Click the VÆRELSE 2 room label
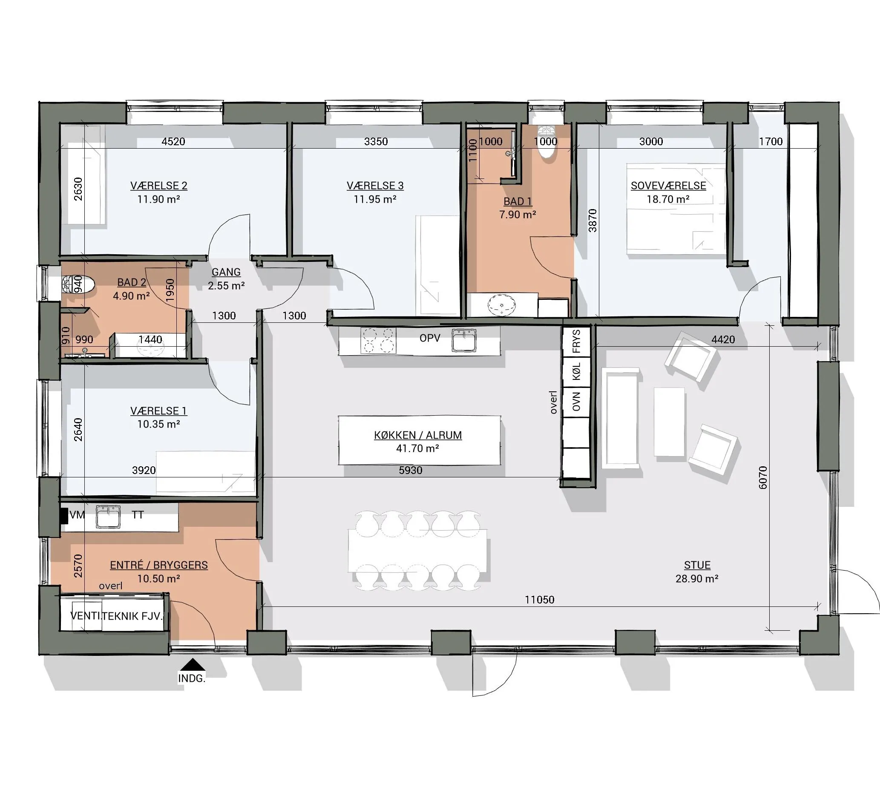(159, 186)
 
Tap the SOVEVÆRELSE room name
(668, 186)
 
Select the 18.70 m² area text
(668, 199)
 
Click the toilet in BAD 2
(78, 284)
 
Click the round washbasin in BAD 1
(502, 306)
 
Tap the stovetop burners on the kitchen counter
(378, 340)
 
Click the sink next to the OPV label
(464, 340)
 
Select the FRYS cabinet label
(576, 341)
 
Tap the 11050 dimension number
(539, 600)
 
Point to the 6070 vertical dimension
(763, 477)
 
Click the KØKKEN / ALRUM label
(418, 435)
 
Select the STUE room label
(697, 565)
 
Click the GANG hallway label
(226, 272)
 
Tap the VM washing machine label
(77, 515)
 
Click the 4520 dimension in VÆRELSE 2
(173, 141)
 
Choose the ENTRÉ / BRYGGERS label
(159, 565)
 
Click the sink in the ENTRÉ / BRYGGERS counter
(108, 517)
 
